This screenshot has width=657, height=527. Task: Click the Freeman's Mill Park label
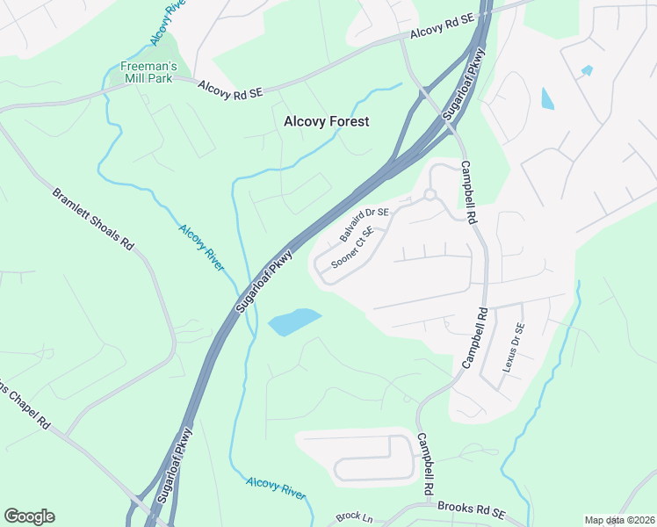pyautogui.click(x=148, y=72)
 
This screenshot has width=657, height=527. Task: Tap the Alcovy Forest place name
pyautogui.click(x=326, y=122)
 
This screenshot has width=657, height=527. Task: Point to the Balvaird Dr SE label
pyautogui.click(x=364, y=225)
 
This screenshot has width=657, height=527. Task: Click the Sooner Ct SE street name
pyautogui.click(x=352, y=249)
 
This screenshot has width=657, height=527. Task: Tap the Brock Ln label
pyautogui.click(x=355, y=518)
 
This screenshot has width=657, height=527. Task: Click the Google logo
pyautogui.click(x=29, y=516)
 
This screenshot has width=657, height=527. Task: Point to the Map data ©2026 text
pyautogui.click(x=619, y=520)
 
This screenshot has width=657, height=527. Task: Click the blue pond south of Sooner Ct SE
pyautogui.click(x=293, y=321)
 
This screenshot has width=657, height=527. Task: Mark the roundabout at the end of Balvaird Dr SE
pyautogui.click(x=430, y=195)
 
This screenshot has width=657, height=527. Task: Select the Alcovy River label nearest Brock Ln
pyautogui.click(x=276, y=487)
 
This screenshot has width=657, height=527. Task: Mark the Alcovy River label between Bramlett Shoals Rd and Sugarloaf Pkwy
pyautogui.click(x=201, y=247)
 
